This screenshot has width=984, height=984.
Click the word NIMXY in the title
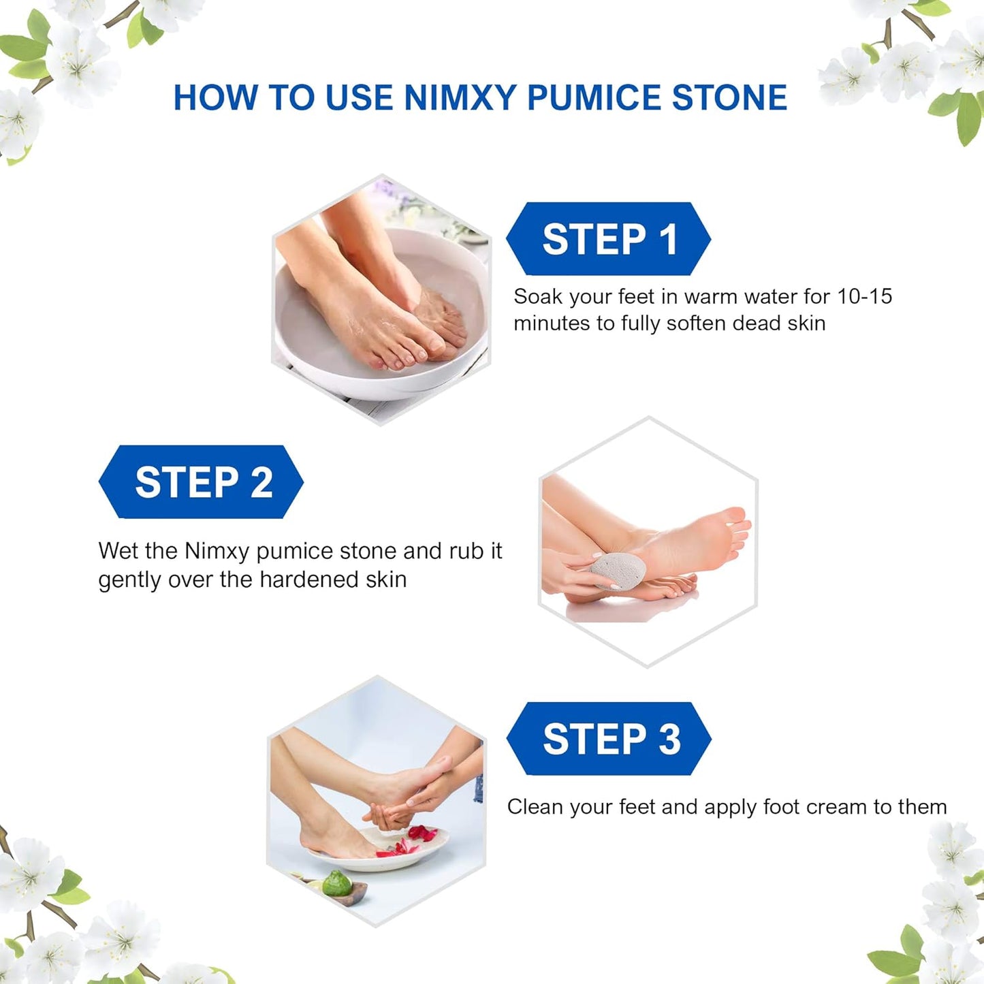click(x=460, y=97)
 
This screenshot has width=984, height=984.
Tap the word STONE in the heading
click(x=729, y=97)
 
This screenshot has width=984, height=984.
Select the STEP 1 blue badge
click(x=608, y=239)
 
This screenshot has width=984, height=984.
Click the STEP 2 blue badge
click(x=202, y=482)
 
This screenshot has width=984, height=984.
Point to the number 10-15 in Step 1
click(x=864, y=296)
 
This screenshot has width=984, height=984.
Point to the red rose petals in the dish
click(x=409, y=841)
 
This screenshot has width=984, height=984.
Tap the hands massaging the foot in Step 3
click(x=402, y=797)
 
